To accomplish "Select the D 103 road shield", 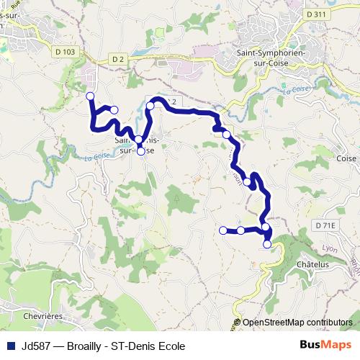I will pyautogui.click(x=64, y=51).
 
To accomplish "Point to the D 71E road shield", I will pyautogui.click(x=325, y=225).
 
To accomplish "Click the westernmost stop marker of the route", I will pyautogui.click(x=90, y=96).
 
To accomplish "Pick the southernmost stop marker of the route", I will pyautogui.click(x=267, y=244).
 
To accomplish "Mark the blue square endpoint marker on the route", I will pyautogui.click(x=223, y=230).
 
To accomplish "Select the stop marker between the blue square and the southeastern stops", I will pyautogui.click(x=240, y=230).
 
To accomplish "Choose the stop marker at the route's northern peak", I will pyautogui.click(x=150, y=105).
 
